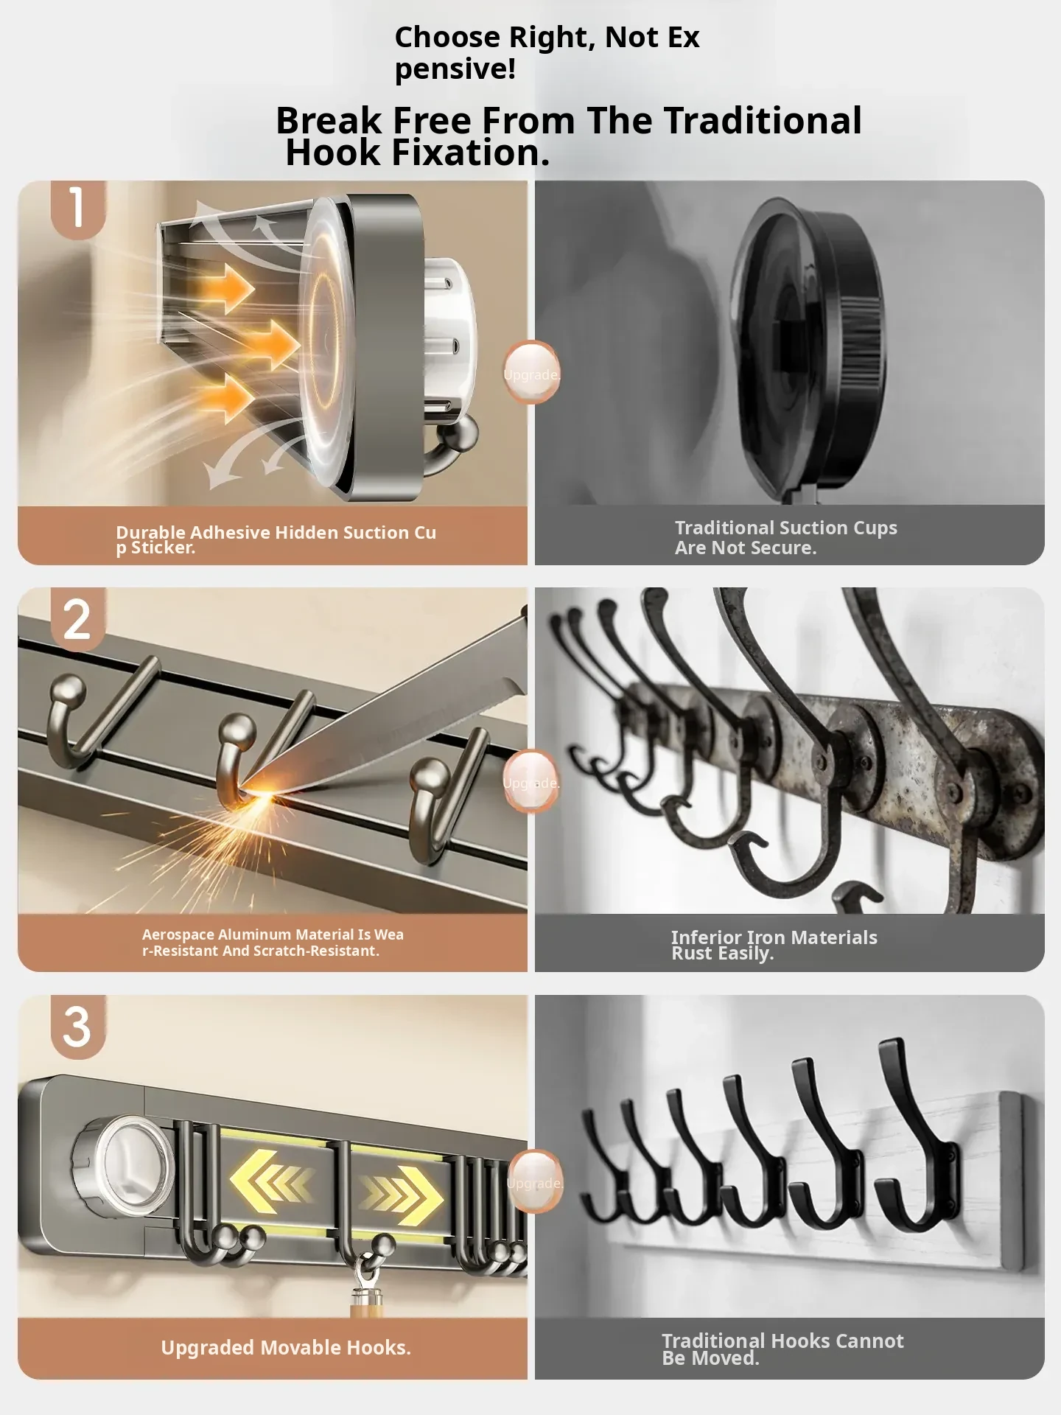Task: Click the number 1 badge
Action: click(x=77, y=208)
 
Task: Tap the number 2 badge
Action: click(x=77, y=618)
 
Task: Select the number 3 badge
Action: click(x=77, y=1027)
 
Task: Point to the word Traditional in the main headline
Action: click(x=763, y=120)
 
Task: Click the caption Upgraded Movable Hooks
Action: click(x=286, y=1347)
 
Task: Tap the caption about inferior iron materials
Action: click(x=774, y=945)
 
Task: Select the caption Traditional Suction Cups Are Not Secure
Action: click(x=785, y=537)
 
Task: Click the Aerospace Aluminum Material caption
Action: click(x=273, y=943)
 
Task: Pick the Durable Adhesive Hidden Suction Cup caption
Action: click(x=276, y=539)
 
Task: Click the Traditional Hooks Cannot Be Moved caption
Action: click(x=782, y=1349)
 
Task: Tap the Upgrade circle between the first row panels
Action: click(x=531, y=373)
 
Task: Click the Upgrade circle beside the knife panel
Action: click(x=531, y=781)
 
